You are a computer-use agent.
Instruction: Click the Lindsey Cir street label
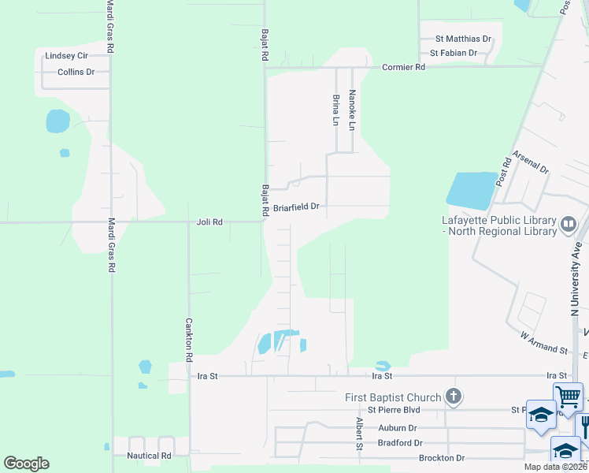[66, 56]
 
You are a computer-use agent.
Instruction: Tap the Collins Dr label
[76, 72]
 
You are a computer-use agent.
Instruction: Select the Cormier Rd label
[403, 68]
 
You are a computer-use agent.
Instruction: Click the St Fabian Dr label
[454, 53]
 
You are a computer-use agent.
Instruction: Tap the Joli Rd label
[209, 222]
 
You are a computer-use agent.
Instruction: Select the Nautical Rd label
[149, 456]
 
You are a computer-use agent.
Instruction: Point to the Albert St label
[358, 435]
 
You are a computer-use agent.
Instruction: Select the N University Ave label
[576, 272]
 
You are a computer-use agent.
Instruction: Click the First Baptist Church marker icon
[453, 397]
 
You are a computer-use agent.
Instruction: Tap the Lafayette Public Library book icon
[568, 225]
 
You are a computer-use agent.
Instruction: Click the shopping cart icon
[568, 396]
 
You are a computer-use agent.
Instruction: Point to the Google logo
[26, 464]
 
